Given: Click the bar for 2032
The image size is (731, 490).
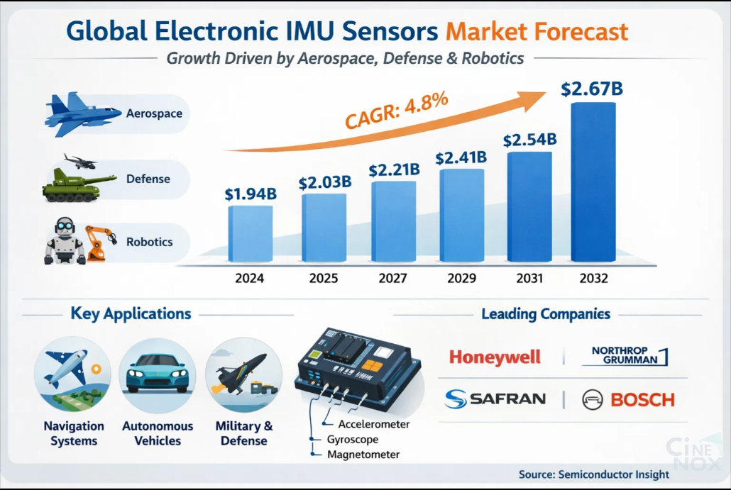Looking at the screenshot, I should click(593, 183).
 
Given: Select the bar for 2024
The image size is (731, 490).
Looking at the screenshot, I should click(250, 234).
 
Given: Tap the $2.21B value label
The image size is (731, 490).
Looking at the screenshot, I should click(394, 170).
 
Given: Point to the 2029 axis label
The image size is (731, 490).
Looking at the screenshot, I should click(461, 279).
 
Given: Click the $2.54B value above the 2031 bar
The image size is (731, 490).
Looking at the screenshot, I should click(529, 140).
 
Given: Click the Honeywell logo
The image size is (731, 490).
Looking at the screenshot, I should click(495, 357).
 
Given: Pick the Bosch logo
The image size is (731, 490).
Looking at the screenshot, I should click(628, 400).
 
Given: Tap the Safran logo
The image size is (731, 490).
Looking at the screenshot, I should click(495, 399).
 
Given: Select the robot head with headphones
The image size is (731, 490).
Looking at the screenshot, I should click(66, 233).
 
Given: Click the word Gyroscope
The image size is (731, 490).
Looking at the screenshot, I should click(353, 440).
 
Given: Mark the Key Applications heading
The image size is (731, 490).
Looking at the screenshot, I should click(131, 313).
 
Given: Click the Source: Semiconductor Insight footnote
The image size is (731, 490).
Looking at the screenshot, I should click(593, 474).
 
